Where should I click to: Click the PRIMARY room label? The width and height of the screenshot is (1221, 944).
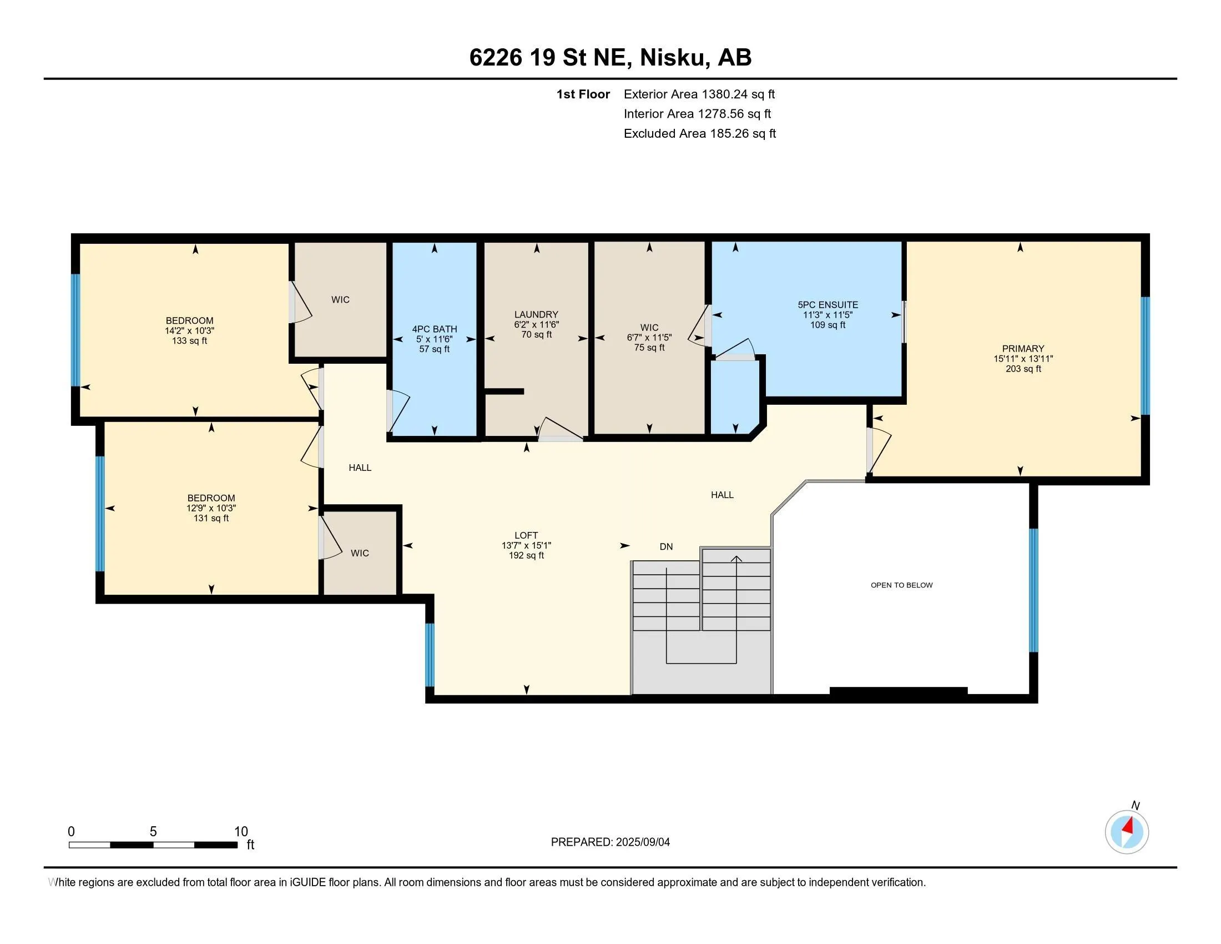1023,348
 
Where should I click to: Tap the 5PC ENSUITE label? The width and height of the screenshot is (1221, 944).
828,305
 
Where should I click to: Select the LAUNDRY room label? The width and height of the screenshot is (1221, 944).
536,314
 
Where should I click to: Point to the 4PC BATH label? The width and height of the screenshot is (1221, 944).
435,329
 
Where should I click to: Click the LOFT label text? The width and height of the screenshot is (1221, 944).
526,535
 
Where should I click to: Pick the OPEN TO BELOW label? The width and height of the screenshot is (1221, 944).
901,585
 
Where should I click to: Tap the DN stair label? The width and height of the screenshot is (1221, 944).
666,546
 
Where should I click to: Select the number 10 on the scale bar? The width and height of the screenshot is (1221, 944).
241,832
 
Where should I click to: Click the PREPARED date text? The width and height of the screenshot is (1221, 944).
610,842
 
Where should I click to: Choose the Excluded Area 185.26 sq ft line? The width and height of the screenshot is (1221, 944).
699,133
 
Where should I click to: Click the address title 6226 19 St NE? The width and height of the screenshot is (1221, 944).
551,57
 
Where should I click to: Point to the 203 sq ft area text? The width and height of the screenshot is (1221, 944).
1023,369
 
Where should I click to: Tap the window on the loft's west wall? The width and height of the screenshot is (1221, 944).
430,654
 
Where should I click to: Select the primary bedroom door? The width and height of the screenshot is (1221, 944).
879,450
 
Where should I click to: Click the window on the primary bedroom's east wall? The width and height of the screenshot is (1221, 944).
1145,356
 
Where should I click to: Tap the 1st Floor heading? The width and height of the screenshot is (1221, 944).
583,94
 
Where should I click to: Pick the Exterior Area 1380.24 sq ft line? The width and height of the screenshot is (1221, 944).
699,94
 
